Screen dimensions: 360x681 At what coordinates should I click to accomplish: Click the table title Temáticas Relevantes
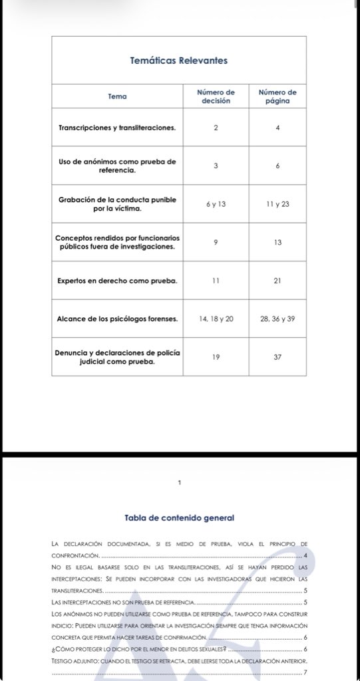click(179, 61)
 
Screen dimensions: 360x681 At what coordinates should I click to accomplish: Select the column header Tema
click(117, 96)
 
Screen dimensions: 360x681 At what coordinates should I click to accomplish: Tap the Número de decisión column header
click(216, 96)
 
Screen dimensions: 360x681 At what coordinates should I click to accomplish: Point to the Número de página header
click(277, 96)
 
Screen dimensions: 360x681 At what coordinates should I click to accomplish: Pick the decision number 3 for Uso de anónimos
click(216, 166)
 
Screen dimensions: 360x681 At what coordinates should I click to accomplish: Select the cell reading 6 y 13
click(216, 204)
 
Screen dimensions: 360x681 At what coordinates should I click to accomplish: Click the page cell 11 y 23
click(277, 204)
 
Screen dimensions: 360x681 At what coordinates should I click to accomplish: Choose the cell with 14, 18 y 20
click(216, 319)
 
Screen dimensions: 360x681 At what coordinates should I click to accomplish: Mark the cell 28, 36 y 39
click(277, 319)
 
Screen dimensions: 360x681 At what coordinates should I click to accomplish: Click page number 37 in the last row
click(277, 357)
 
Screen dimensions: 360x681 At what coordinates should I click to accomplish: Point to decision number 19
click(216, 357)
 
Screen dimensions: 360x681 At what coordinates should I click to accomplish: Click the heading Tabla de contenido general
click(179, 517)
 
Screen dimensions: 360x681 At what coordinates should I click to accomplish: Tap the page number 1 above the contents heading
click(180, 482)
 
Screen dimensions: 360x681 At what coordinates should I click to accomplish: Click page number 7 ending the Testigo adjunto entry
click(304, 672)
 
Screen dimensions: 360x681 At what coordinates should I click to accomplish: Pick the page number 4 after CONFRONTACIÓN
click(304, 555)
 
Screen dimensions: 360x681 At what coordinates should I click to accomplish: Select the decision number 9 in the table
click(216, 242)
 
